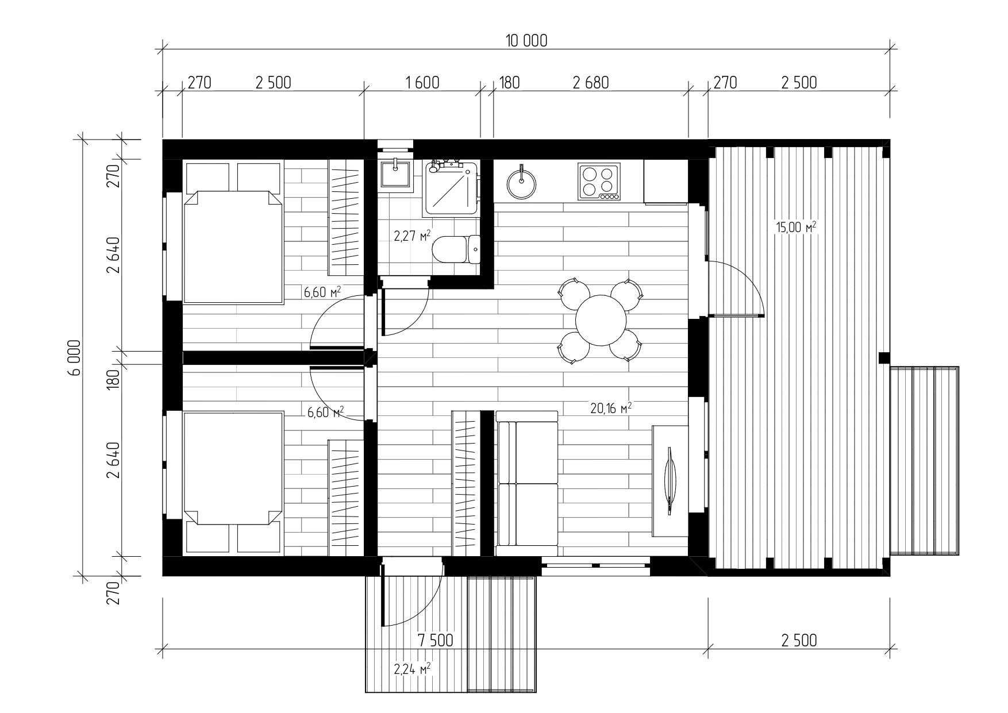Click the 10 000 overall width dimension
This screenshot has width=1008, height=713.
(x=526, y=40)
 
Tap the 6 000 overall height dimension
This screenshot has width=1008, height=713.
(x=75, y=357)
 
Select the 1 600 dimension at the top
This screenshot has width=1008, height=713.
(x=422, y=83)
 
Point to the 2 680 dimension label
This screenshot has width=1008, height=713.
(x=590, y=83)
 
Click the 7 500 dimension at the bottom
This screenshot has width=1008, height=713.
(x=435, y=640)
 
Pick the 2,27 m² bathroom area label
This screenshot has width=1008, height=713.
(x=412, y=236)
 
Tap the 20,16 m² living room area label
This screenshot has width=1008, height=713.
(x=611, y=408)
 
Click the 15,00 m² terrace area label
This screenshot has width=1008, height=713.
(x=796, y=227)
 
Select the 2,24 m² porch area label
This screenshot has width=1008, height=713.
(x=412, y=669)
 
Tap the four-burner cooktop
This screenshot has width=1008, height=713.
(x=599, y=182)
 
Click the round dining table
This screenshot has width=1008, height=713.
(x=601, y=321)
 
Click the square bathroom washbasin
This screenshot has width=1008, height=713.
(x=395, y=174)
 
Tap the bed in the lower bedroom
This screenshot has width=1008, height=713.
(x=233, y=483)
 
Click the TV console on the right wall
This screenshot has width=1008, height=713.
(x=671, y=481)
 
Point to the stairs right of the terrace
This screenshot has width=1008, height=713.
(x=924, y=460)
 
